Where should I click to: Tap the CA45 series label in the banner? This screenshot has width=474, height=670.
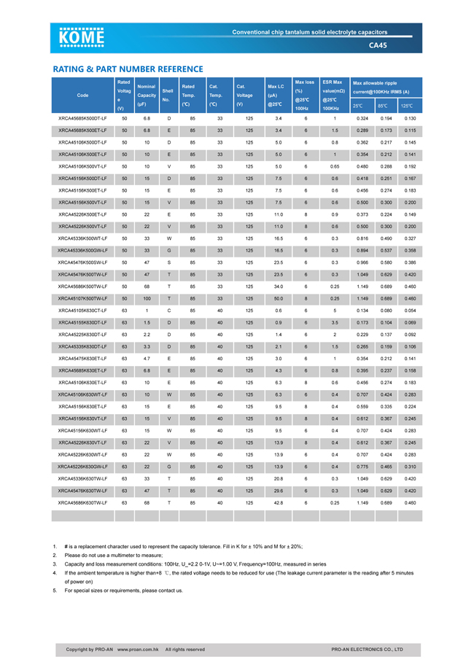378,45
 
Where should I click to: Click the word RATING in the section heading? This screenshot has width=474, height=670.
71,69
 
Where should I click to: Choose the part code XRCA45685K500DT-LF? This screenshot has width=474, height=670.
82,118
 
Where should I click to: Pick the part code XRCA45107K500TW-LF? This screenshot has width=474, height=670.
82,298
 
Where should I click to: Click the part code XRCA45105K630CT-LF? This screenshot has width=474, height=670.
82,310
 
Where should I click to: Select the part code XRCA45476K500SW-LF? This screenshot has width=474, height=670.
82,262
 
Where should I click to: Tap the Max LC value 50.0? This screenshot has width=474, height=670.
278,298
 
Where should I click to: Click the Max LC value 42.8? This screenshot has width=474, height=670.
278,502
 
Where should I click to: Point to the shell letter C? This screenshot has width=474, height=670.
169,310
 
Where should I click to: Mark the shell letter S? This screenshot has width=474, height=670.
169,262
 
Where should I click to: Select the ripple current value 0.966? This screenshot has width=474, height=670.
362,262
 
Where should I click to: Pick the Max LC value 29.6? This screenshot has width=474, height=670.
278,490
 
